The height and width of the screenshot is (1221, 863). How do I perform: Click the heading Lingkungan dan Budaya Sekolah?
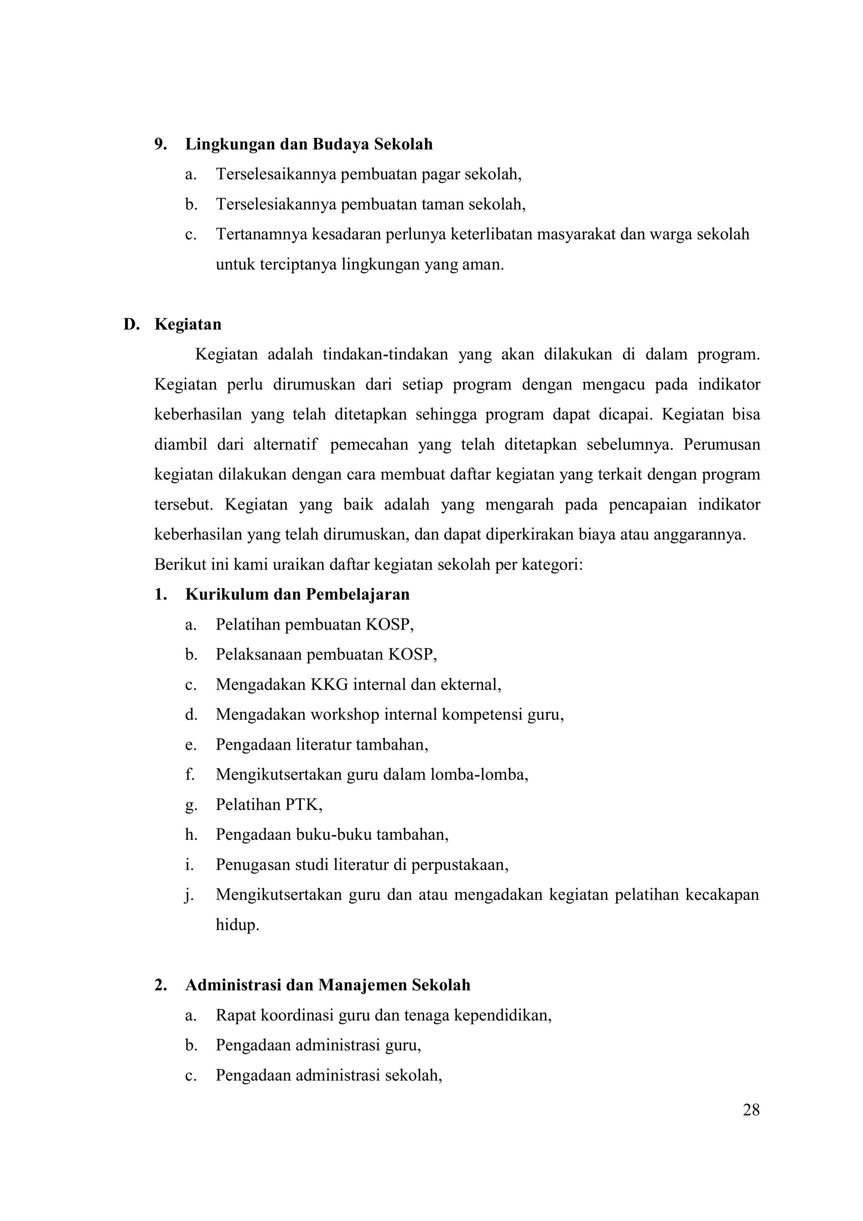click(x=309, y=144)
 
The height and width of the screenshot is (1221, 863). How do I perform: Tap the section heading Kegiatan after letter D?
click(x=188, y=324)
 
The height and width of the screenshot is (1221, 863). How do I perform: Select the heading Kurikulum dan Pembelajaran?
click(x=297, y=594)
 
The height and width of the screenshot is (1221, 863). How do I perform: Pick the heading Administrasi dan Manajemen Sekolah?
click(x=327, y=985)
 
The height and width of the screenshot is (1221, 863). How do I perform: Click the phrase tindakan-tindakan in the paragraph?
click(x=385, y=354)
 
